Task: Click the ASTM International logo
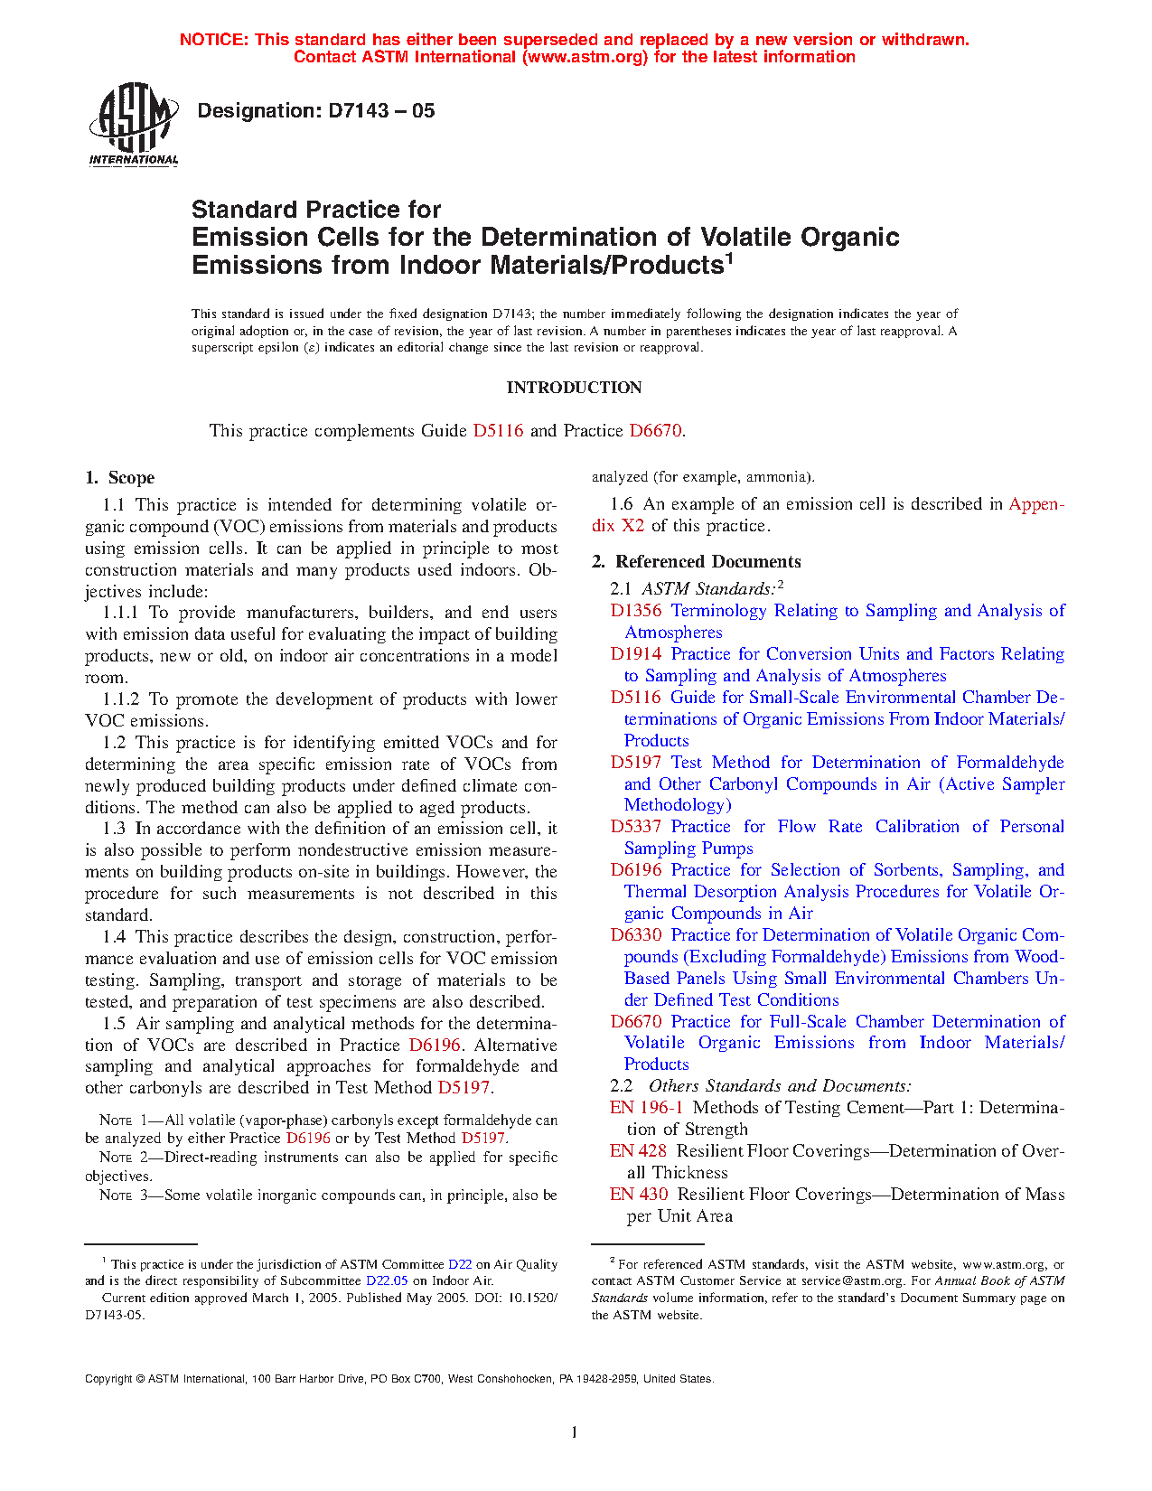coord(134,125)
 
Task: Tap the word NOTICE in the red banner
coord(213,40)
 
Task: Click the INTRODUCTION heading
coord(574,388)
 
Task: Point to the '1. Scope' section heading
coord(120,478)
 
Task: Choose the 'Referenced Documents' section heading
coord(707,562)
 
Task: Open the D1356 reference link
coord(636,611)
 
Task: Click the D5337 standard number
coord(636,827)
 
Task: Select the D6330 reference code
coord(636,935)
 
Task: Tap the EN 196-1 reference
coord(646,1108)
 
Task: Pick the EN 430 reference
coord(639,1195)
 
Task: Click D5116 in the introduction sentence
coord(498,431)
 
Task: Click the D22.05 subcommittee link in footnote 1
coord(387,1280)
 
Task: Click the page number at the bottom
coord(574,1431)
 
